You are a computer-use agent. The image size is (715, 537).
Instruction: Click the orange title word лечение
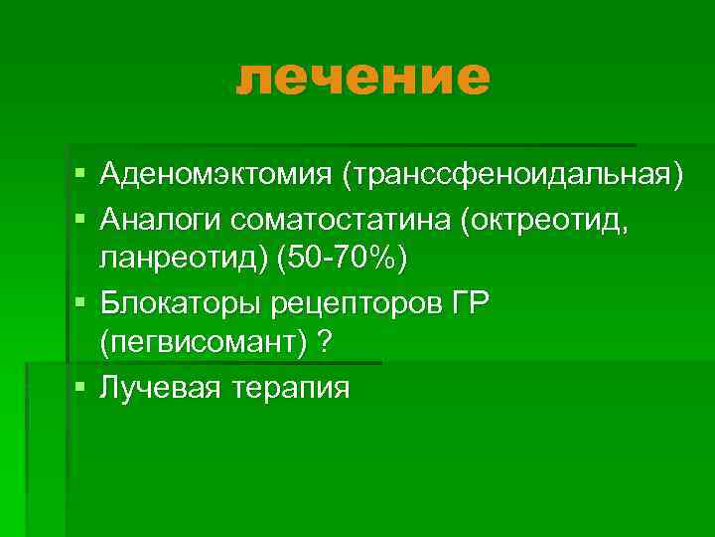(x=363, y=78)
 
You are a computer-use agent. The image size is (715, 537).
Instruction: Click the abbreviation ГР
(x=468, y=302)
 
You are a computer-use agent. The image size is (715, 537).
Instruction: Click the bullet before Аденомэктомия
(x=78, y=176)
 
